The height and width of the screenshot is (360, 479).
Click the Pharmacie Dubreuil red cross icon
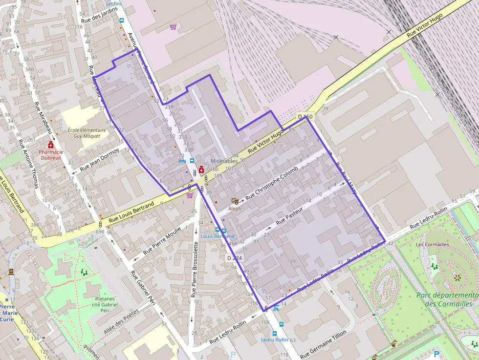coord(50,145)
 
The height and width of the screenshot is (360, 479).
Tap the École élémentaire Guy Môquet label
coord(87,133)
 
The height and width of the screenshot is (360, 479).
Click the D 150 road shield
coord(305,117)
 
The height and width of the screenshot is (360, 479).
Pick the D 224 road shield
coord(234,257)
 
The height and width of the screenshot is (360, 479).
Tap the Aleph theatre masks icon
coord(235,200)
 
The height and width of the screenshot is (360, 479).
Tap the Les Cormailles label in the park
coord(432,244)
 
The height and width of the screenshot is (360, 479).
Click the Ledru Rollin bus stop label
coord(274,339)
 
